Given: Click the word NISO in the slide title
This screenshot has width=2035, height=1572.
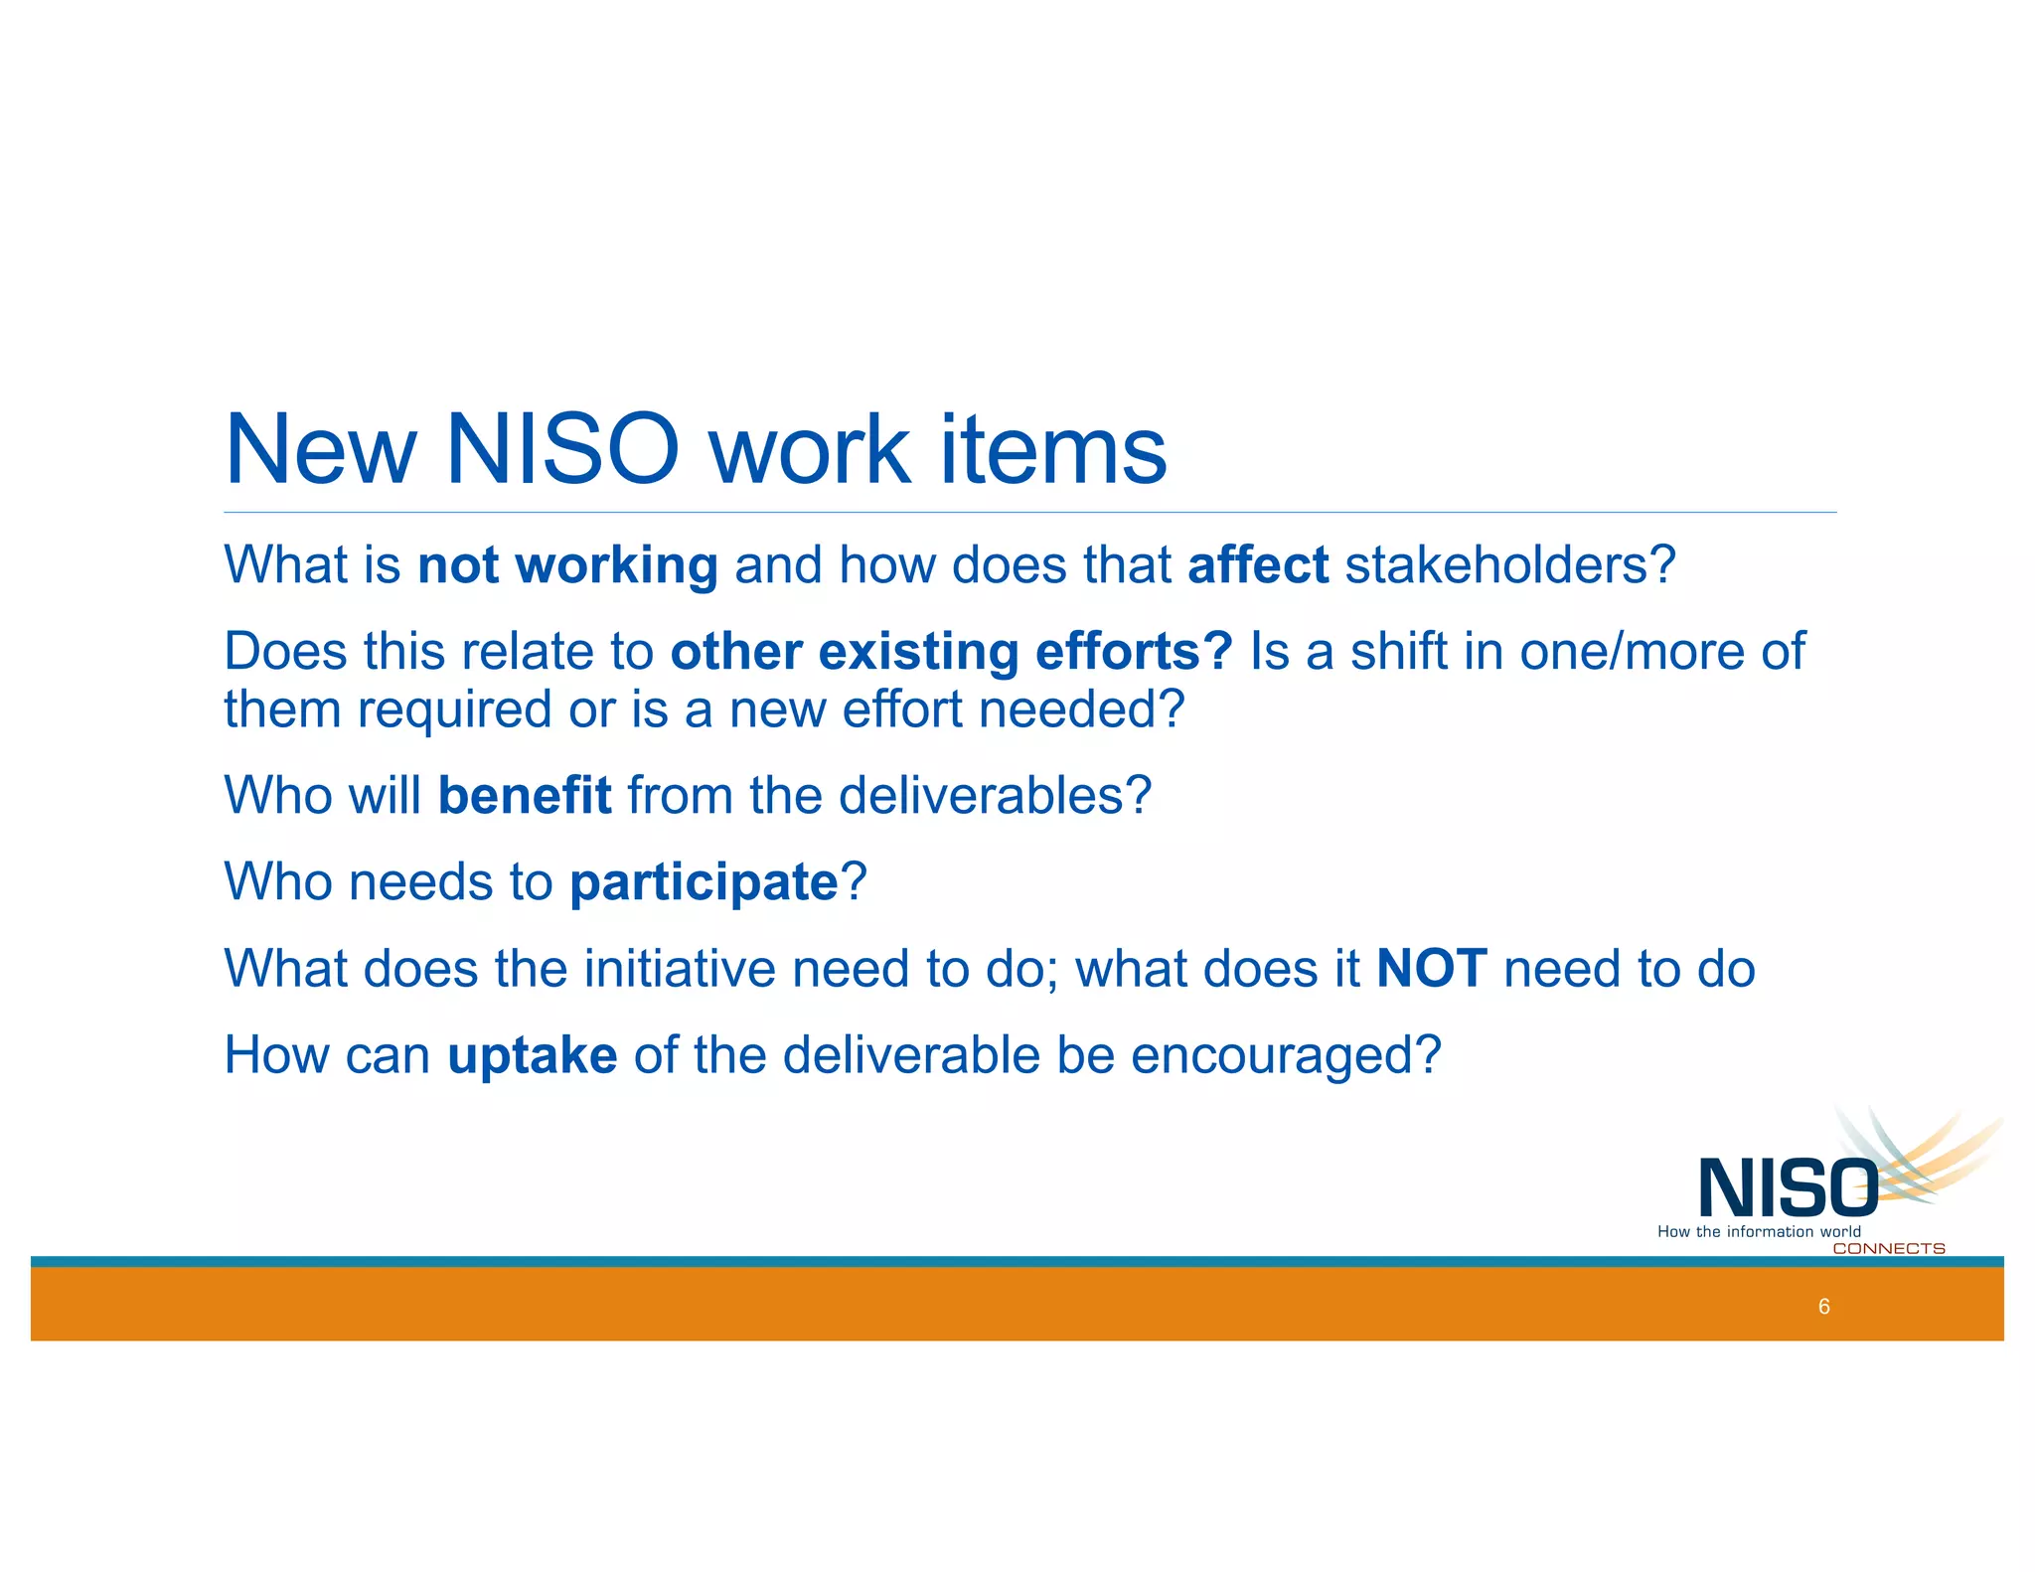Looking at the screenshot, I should [562, 450].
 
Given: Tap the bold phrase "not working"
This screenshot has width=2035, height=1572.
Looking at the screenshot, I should [567, 565].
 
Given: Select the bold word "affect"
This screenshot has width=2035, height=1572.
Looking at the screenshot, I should [1258, 565].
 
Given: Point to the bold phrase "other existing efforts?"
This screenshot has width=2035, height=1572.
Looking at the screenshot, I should [951, 652].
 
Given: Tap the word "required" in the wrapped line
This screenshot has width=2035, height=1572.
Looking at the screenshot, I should [454, 709].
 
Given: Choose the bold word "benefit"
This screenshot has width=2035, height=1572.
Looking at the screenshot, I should [525, 796].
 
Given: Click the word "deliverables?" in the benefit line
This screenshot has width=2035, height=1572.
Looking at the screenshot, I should [995, 796].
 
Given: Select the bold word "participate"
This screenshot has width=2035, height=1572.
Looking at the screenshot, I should [704, 882].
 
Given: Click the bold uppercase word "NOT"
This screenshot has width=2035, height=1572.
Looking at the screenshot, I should [1432, 969].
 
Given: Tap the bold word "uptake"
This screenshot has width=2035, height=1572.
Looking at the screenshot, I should [533, 1055].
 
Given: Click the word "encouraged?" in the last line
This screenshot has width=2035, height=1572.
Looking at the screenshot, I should [1286, 1055].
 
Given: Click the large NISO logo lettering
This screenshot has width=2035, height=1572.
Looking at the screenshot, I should [1788, 1188].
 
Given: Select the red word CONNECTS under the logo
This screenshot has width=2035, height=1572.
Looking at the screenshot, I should [1888, 1248].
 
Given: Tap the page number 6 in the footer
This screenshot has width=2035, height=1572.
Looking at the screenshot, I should [1823, 1307].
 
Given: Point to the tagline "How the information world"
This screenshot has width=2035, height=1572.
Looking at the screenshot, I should [1759, 1232].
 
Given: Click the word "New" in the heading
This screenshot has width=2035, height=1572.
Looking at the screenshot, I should [320, 450].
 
